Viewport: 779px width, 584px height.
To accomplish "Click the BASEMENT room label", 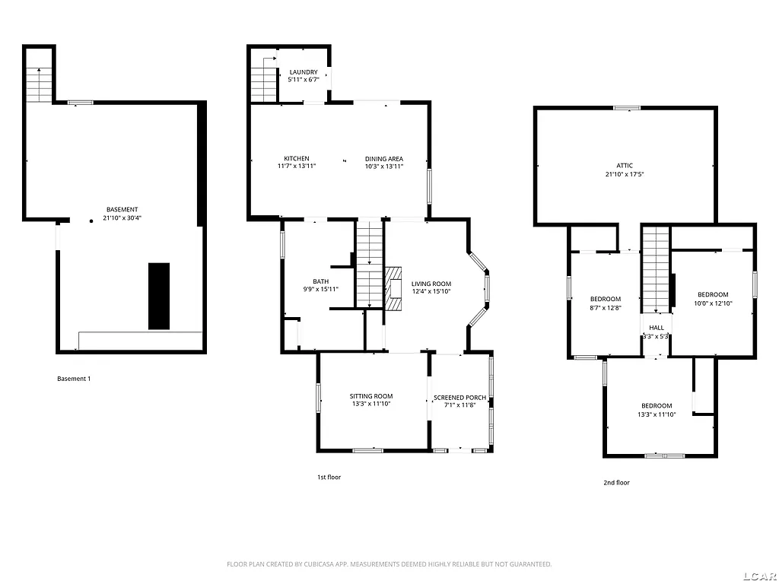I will [x=122, y=210].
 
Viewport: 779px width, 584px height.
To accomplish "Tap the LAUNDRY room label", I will [x=304, y=72].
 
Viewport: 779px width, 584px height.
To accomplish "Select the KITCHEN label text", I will [x=296, y=158].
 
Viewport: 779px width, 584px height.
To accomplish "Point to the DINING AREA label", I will [x=383, y=158].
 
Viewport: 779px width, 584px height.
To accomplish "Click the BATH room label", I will [x=320, y=281].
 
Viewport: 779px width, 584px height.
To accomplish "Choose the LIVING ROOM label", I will [x=431, y=284].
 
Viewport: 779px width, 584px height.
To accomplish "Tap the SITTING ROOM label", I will [x=371, y=396].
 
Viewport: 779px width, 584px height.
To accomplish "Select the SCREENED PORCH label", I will [x=459, y=398].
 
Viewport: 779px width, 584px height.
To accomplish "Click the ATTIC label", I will [x=625, y=165].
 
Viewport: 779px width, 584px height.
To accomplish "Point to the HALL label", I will [x=656, y=328].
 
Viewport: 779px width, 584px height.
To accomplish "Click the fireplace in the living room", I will [x=393, y=288].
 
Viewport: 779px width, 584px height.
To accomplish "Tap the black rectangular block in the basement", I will [x=159, y=296].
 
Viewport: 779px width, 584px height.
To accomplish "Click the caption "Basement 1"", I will [x=74, y=379].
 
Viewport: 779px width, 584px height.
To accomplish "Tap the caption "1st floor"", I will [x=329, y=477].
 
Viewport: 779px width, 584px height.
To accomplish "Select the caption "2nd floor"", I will [x=617, y=482].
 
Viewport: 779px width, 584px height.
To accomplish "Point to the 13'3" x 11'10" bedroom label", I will [x=657, y=405].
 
